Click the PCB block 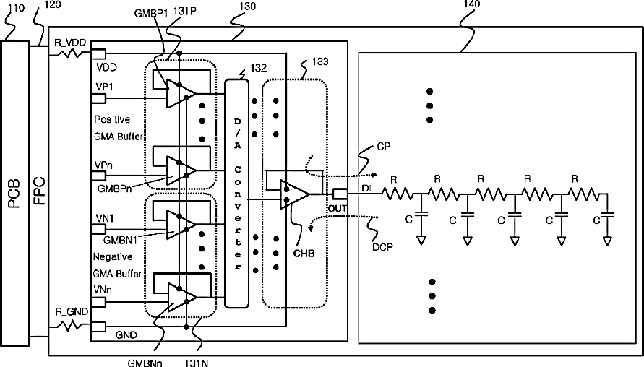click(15, 194)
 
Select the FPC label click(40, 191)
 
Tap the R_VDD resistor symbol click(69, 53)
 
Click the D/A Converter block click(236, 194)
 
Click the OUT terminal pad click(340, 194)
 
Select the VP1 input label click(104, 87)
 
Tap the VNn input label click(102, 290)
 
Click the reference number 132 click(258, 68)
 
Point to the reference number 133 click(320, 61)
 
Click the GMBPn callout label click(114, 189)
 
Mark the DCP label click(382, 247)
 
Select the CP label click(383, 147)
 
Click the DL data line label click(368, 188)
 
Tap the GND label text click(126, 335)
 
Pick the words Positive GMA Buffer click(119, 128)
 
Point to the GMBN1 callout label click(120, 240)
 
